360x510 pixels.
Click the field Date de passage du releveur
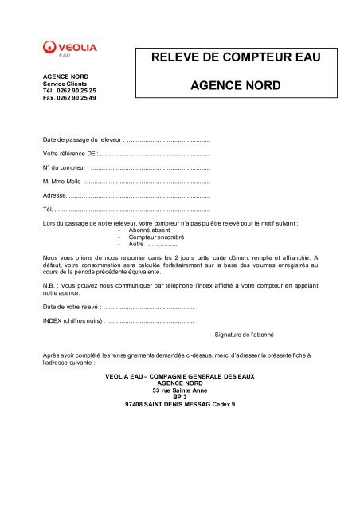167,139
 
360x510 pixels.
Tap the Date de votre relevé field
148,306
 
